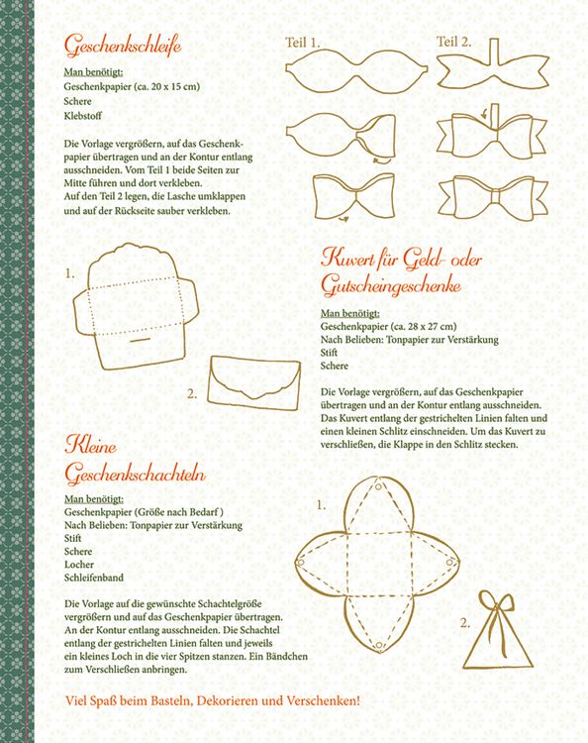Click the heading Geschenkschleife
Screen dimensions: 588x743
point(123,46)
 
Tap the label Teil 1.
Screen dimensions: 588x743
point(303,43)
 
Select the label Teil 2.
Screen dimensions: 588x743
point(453,42)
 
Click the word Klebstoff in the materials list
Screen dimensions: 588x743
point(83,115)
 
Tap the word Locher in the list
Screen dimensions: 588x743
point(79,565)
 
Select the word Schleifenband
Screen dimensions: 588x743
point(94,578)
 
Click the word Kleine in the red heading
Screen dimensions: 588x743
point(90,446)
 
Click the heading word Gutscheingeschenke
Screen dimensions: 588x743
point(391,286)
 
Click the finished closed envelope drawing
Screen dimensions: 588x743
point(254,382)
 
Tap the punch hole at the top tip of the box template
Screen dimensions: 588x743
point(379,486)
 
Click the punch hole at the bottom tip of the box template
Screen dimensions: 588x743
point(379,645)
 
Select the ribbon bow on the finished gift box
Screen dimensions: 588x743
point(497,609)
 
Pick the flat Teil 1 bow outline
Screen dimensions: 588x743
point(356,69)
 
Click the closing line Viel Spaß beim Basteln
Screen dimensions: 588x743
point(213,700)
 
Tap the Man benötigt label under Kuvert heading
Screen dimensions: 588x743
point(349,313)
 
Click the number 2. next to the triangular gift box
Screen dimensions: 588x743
point(465,623)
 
